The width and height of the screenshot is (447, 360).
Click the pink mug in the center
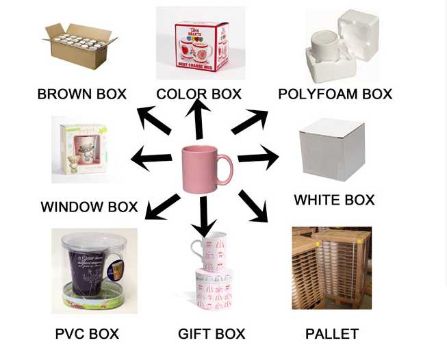203,169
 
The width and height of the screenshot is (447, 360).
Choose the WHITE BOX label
334,200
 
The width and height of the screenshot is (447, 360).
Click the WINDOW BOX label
89,206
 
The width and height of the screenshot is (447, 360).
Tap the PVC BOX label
87,334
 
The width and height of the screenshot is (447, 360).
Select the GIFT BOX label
212,334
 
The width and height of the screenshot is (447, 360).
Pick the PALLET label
332,334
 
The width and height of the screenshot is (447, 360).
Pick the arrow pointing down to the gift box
203,216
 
